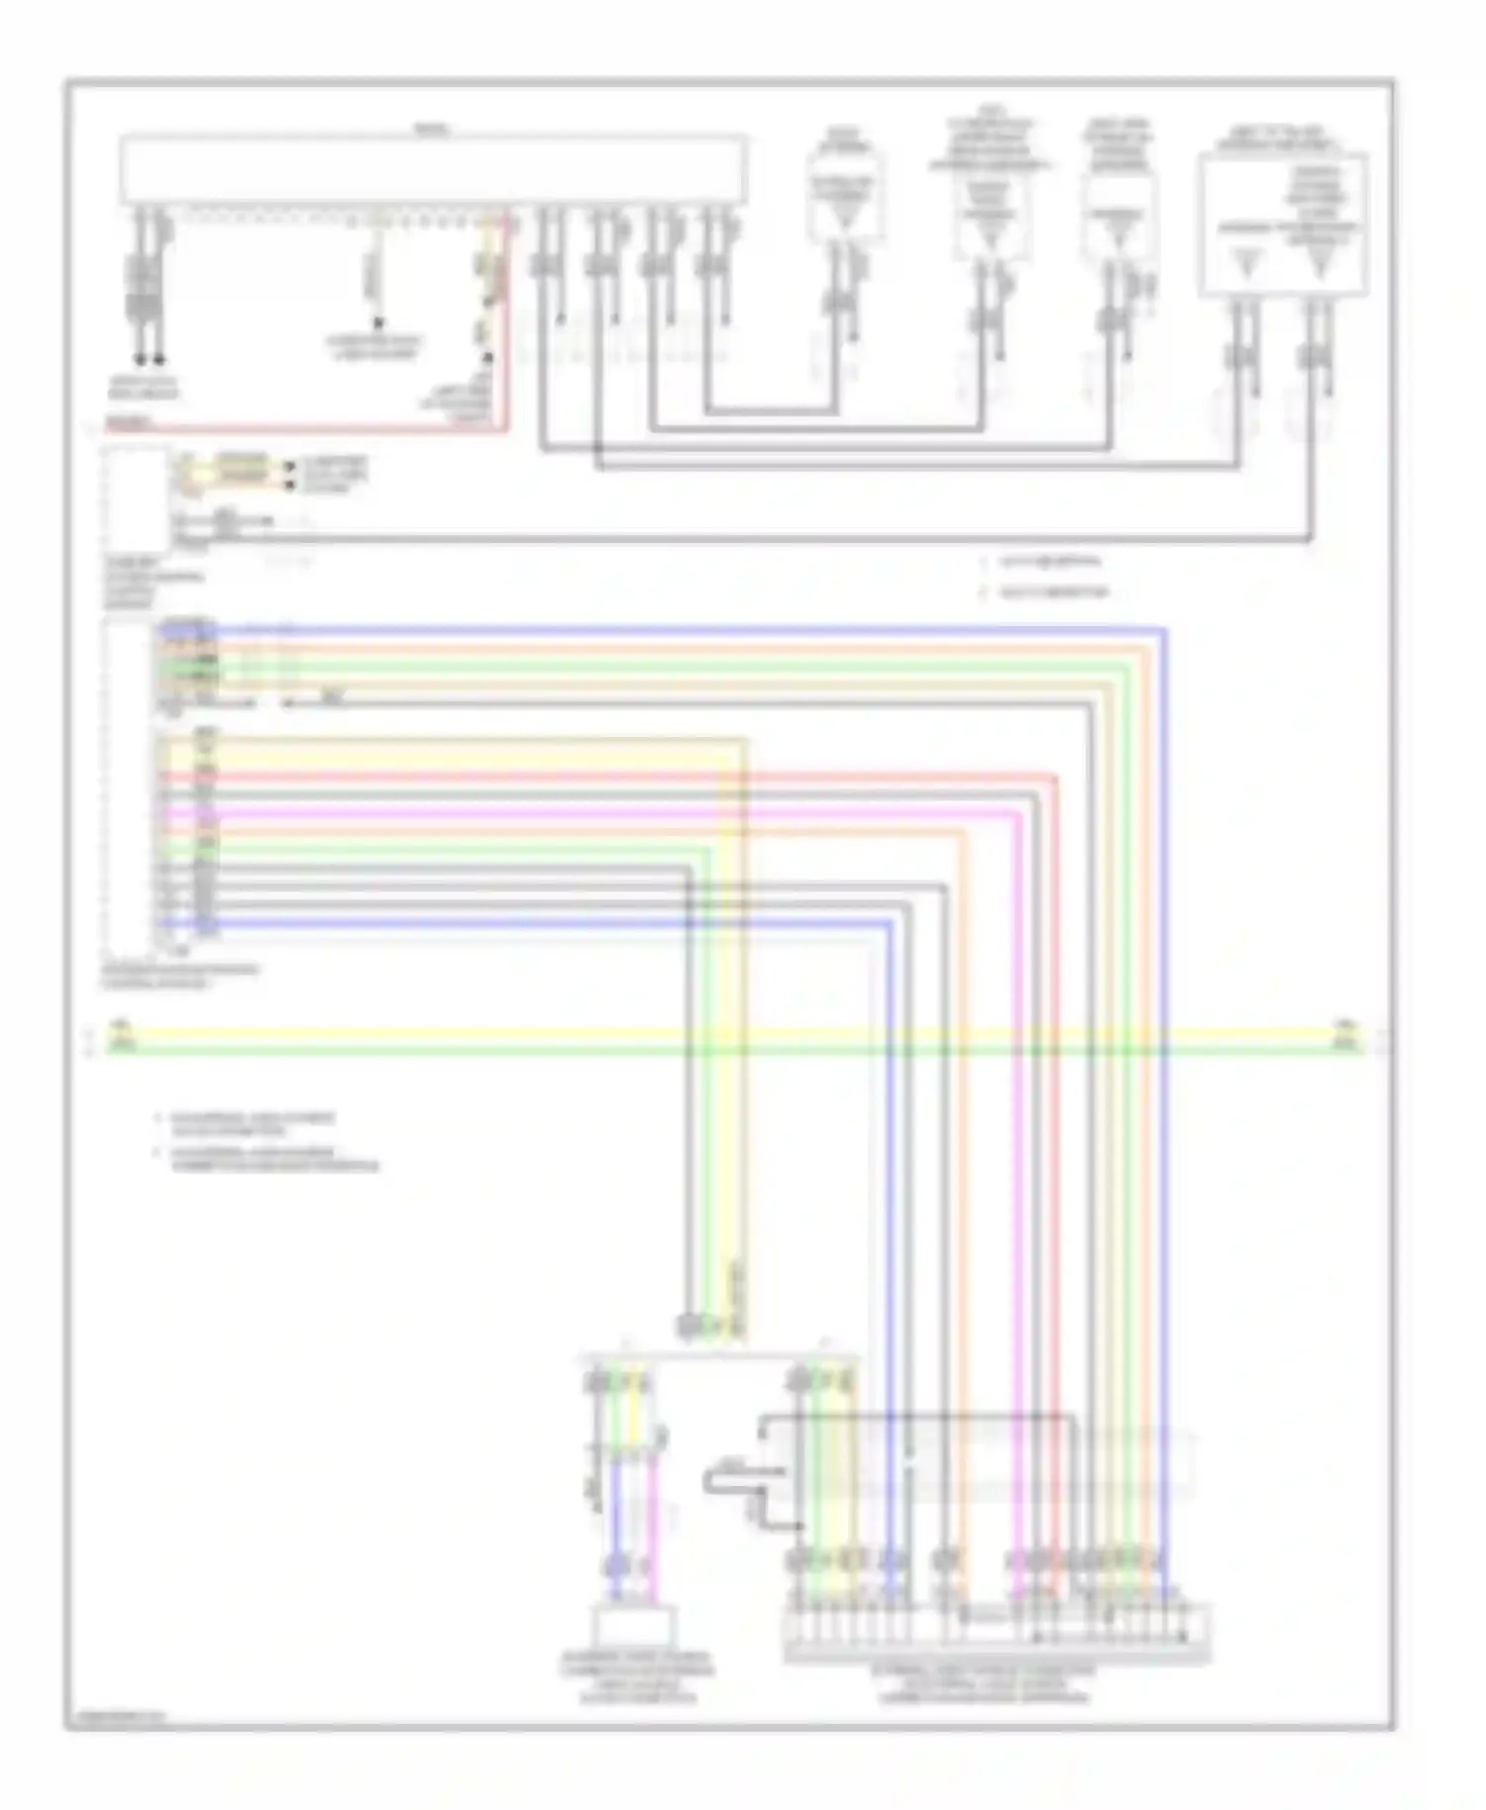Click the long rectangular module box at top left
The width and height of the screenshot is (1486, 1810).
[x=432, y=170]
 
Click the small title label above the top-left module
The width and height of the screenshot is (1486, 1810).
[x=432, y=130]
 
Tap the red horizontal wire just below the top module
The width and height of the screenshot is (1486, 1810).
[x=297, y=430]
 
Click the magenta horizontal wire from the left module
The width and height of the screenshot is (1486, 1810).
[x=594, y=813]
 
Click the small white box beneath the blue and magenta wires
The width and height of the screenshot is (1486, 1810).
[x=634, y=1625]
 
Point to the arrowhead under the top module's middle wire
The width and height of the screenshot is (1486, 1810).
[x=377, y=323]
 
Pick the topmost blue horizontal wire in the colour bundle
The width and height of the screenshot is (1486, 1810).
[x=693, y=629]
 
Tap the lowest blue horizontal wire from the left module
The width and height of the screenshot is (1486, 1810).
[x=545, y=923]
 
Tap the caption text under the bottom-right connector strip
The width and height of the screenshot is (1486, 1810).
[x=984, y=1683]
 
